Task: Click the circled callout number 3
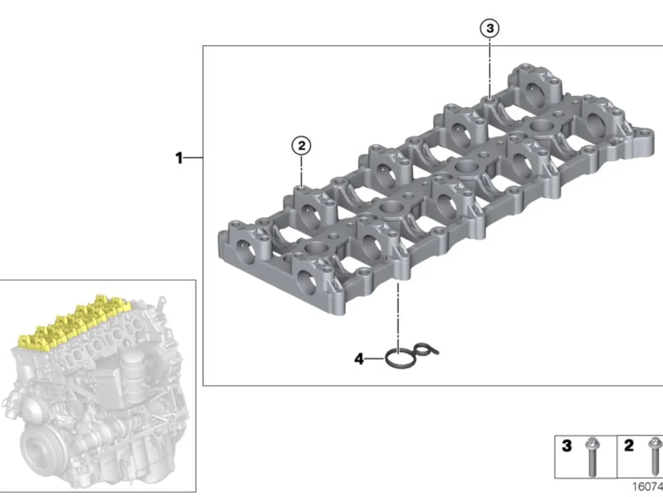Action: pos(490,28)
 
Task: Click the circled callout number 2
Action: pos(301,146)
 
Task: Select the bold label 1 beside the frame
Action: pos(179,158)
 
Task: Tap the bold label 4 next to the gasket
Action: pos(359,359)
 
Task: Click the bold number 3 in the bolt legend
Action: pos(567,446)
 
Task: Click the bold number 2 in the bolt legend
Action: pos(629,446)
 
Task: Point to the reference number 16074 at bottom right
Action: pos(647,487)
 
